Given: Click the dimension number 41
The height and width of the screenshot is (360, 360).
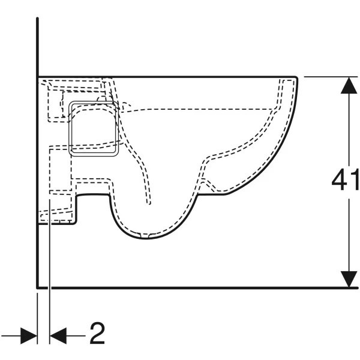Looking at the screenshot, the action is click(345, 179).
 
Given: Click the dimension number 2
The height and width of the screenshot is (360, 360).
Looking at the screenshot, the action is click(97, 333).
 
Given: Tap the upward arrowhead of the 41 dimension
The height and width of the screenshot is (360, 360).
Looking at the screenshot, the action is click(349, 85).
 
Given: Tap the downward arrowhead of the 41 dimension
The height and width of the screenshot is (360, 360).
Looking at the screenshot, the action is click(349, 279).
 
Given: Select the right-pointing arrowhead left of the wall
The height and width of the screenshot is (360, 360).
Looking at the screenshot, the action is click(29, 335).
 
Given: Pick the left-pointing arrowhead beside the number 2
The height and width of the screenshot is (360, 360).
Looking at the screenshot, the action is click(58, 335).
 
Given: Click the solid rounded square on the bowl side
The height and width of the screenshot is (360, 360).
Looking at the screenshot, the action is click(94, 129).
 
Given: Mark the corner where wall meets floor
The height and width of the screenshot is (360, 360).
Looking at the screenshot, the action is click(37, 287).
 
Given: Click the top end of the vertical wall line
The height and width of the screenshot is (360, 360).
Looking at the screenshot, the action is click(37, 18).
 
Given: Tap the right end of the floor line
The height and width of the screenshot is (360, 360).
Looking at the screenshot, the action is click(357, 287).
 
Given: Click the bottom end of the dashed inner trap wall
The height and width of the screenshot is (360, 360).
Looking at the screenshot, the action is click(149, 203).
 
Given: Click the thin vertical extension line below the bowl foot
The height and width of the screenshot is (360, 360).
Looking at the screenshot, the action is click(50, 272).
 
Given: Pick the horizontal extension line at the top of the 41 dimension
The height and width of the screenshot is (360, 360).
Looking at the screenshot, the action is click(331, 77).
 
